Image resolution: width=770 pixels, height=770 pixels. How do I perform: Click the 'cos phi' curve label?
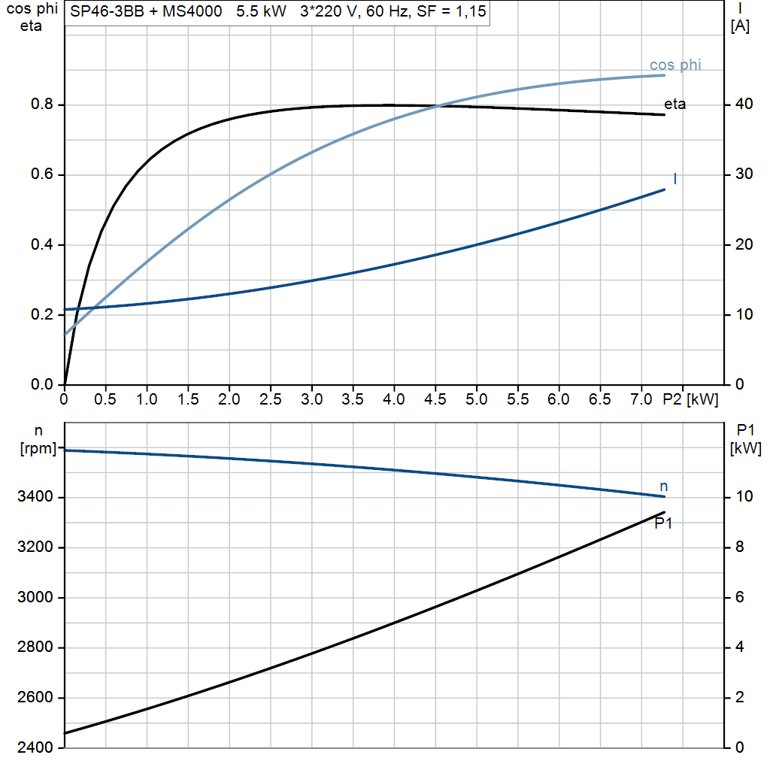[x=675, y=65]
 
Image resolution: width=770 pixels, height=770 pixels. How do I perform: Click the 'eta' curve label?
[x=675, y=105]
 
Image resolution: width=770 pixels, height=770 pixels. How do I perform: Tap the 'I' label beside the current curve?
[x=675, y=179]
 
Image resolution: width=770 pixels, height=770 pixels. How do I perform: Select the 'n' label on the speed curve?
[x=663, y=487]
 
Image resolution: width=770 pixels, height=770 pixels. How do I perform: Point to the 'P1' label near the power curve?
[x=662, y=523]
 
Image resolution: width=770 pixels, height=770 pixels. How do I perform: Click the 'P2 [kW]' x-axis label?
[x=690, y=399]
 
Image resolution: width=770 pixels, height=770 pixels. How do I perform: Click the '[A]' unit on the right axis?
[x=740, y=26]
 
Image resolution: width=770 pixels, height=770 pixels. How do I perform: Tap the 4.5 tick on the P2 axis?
[x=435, y=399]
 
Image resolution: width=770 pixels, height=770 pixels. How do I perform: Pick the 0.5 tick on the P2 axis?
[x=105, y=399]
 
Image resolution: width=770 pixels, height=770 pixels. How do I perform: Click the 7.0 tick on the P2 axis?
[x=641, y=399]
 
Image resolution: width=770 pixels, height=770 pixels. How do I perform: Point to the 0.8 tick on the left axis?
[x=42, y=105]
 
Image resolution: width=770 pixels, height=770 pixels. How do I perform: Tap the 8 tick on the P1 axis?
[x=739, y=547]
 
